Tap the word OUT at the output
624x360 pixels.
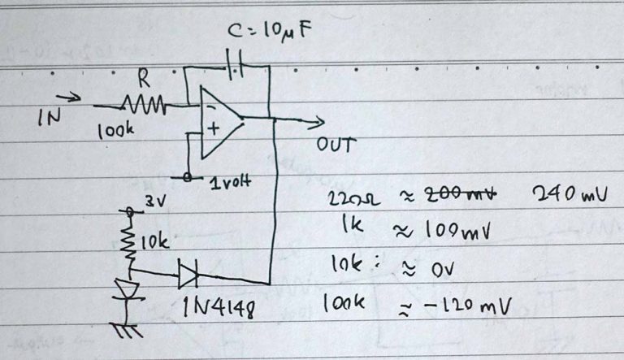click(336, 147)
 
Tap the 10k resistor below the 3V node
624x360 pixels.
click(128, 239)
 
